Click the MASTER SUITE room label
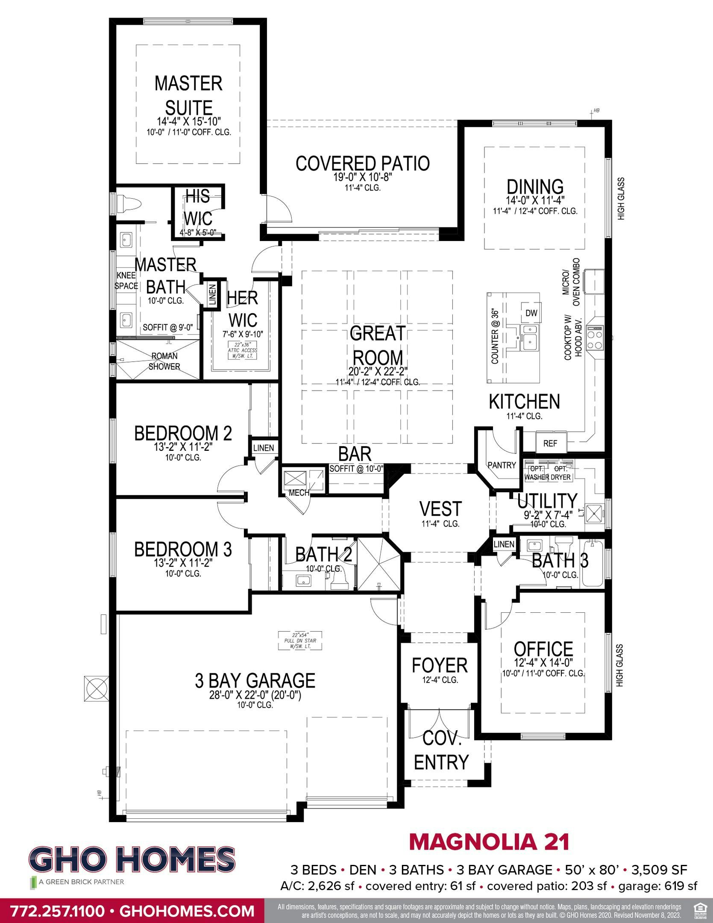[x=188, y=95]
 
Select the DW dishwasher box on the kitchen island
[x=531, y=313]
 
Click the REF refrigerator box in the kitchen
[x=550, y=444]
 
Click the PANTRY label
[x=502, y=465]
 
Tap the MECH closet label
[x=299, y=493]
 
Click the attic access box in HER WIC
[x=243, y=350]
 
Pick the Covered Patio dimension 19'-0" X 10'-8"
[x=362, y=176]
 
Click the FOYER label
[x=440, y=665]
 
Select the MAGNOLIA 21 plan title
[x=489, y=842]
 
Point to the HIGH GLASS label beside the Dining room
[x=621, y=199]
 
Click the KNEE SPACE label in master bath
[x=126, y=281]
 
